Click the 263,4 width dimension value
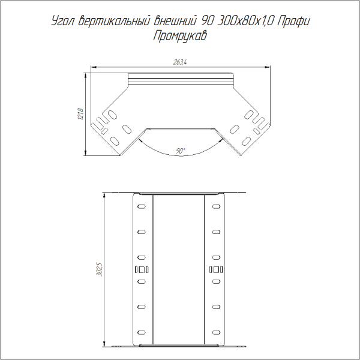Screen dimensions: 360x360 179,62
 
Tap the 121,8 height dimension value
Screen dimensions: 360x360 80,113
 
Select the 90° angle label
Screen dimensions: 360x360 181,151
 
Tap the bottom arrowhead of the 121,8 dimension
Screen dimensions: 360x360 86,154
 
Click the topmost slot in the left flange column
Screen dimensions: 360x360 141,207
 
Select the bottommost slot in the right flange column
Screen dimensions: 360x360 216,332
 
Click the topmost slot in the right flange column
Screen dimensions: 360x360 216,207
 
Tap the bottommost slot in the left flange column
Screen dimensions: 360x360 141,332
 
